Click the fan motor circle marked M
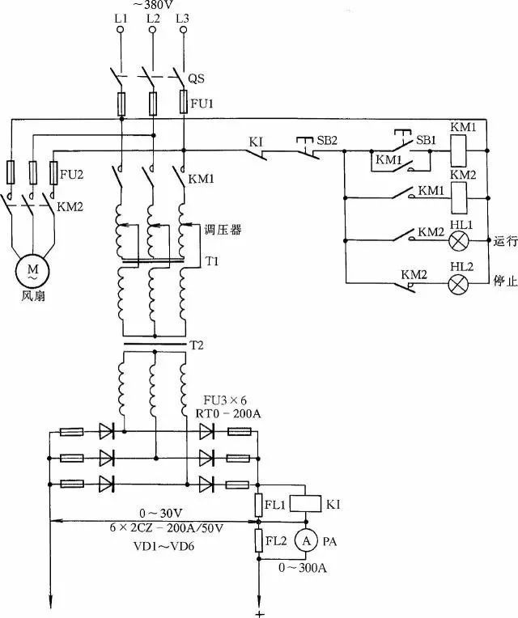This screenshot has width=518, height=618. pos(33,270)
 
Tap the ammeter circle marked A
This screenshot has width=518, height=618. pos(305,539)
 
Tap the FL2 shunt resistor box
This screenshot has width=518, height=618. pos(260,539)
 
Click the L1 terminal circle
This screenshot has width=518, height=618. pos(121,30)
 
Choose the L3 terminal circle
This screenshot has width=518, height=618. pos(185,30)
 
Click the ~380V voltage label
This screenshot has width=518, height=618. pos(152,4)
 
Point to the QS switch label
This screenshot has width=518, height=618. pos(196,79)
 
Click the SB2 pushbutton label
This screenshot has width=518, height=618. pos(327,140)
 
